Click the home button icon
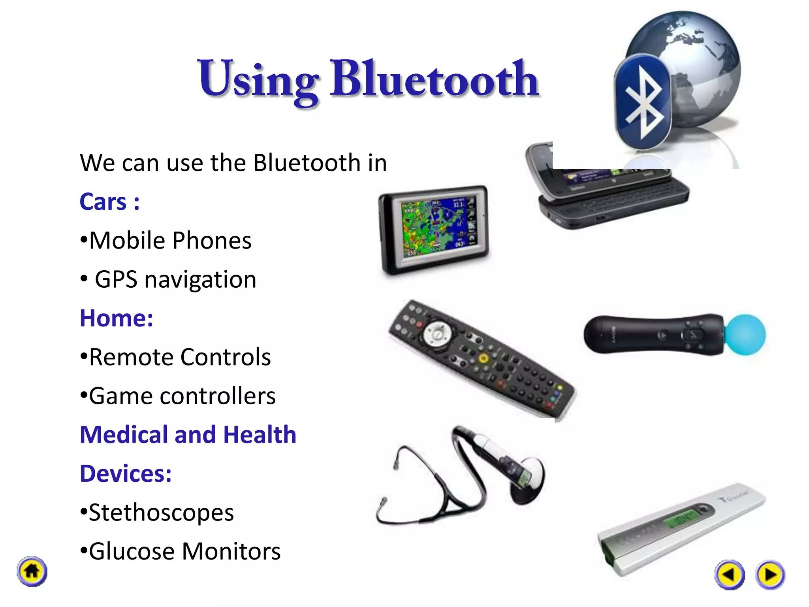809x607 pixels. pos(32,571)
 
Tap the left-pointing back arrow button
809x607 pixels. pos(729,574)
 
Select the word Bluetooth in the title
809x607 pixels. pos(435,79)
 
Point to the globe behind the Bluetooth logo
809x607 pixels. pos(695,59)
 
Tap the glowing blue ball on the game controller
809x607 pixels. pos(745,335)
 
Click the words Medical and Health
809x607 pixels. pos(188,435)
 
